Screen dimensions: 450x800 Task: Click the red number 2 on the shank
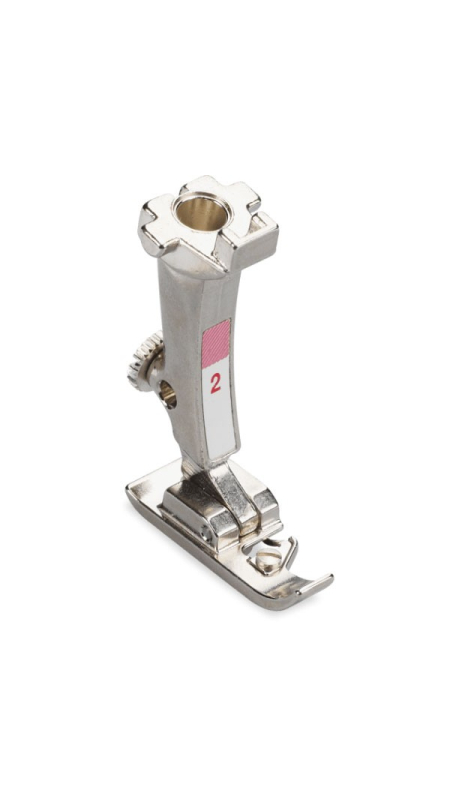click(x=216, y=383)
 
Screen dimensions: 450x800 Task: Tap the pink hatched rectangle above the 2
click(x=216, y=343)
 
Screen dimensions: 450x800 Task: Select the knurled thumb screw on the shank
click(x=144, y=360)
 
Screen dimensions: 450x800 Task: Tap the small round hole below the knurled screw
click(x=168, y=395)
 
